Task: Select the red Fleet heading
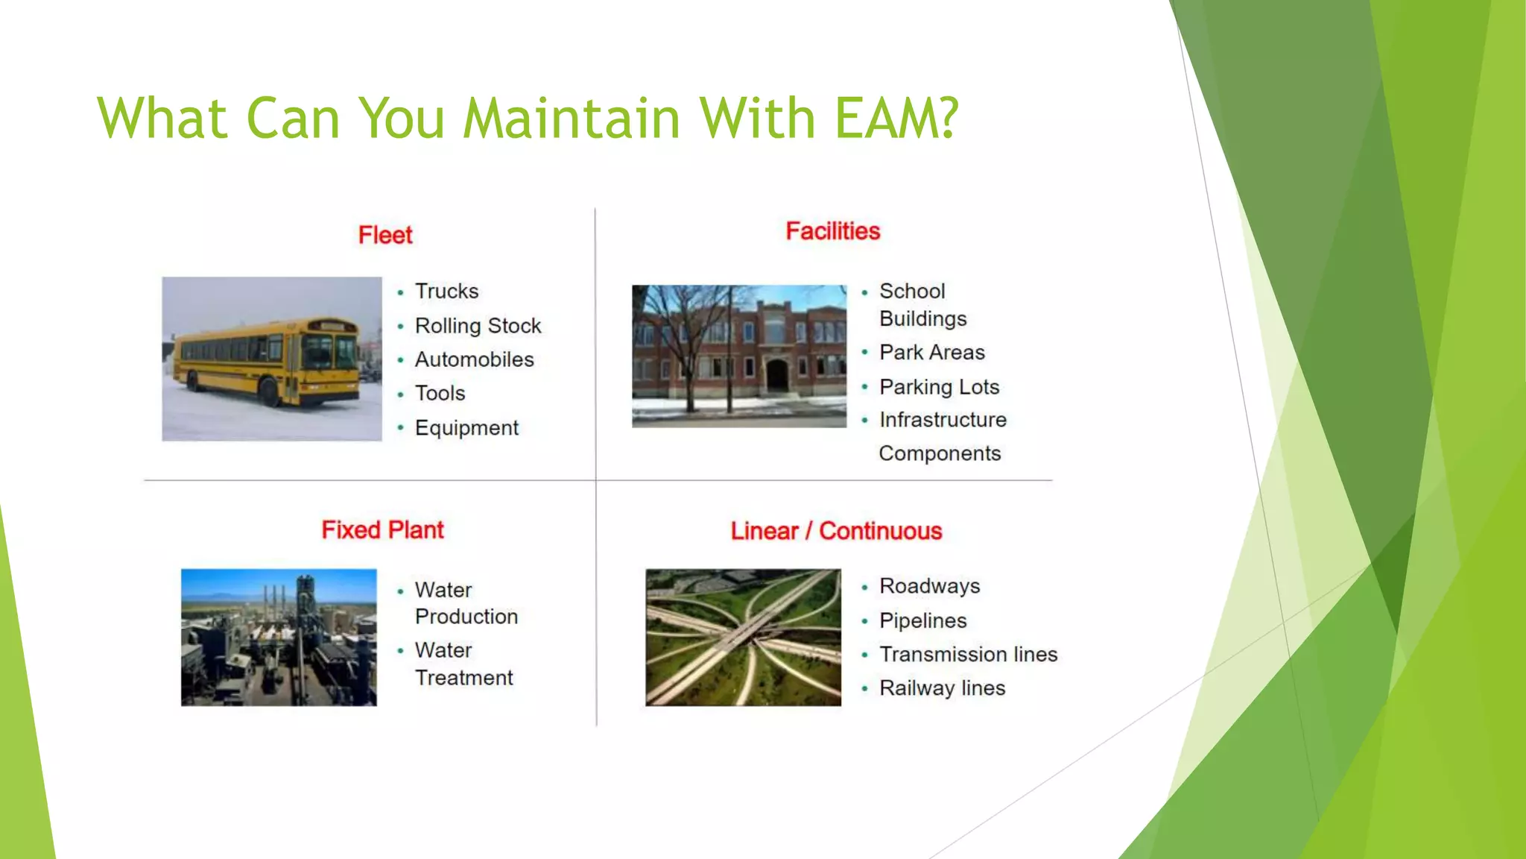click(x=385, y=235)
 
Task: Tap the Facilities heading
click(x=832, y=231)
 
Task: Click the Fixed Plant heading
click(x=382, y=529)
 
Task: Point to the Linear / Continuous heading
click(x=836, y=531)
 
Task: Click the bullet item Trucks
click(x=446, y=291)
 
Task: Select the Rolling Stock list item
click(x=478, y=326)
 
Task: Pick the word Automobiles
click(x=474, y=359)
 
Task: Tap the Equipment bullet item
click(x=466, y=428)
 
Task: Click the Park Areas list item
click(x=931, y=352)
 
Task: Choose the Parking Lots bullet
click(x=939, y=387)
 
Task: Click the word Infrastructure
click(x=943, y=420)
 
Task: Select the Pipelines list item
click(x=922, y=620)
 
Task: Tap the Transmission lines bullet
click(x=968, y=654)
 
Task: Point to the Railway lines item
click(x=942, y=688)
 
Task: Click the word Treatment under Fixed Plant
click(x=463, y=678)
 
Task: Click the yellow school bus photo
click(x=272, y=359)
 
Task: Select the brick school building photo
click(x=739, y=356)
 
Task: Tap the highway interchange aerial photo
click(x=743, y=638)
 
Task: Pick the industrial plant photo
click(x=279, y=638)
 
